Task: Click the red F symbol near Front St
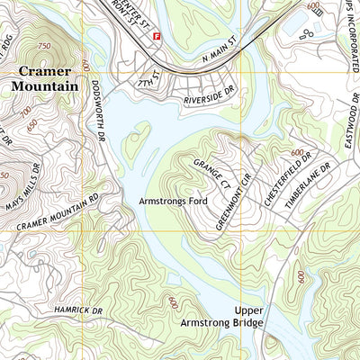click(x=157, y=37)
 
